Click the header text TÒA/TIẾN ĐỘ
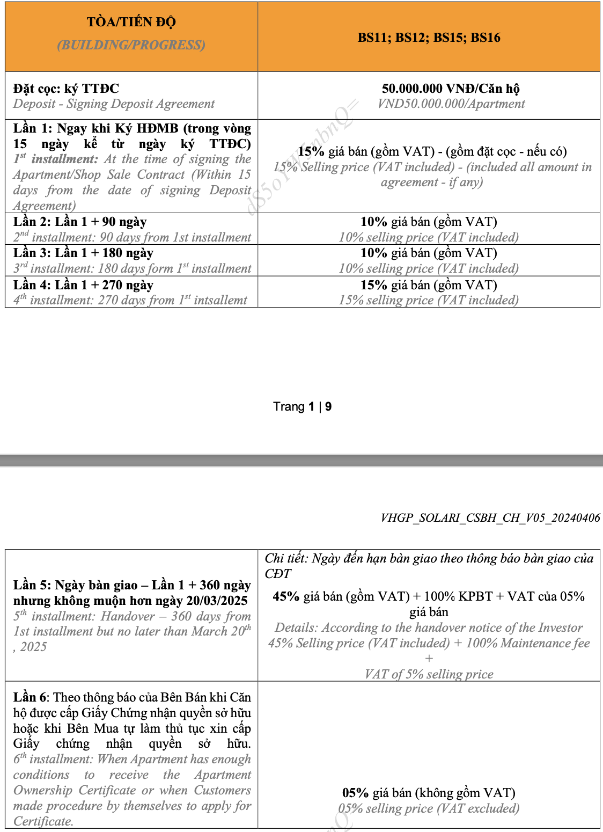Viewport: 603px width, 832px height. (x=131, y=22)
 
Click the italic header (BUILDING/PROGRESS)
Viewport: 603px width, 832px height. (x=131, y=45)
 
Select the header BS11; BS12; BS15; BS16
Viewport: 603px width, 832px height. (x=429, y=38)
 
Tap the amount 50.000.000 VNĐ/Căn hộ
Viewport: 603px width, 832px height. (x=451, y=89)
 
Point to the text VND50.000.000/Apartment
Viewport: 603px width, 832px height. (x=451, y=104)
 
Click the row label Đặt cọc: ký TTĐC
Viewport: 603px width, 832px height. (x=66, y=89)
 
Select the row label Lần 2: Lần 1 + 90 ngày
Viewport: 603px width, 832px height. (x=80, y=222)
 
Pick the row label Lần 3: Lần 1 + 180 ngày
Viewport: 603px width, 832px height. (x=83, y=253)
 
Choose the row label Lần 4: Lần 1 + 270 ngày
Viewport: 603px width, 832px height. (x=83, y=284)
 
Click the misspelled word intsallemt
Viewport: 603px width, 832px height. (x=220, y=300)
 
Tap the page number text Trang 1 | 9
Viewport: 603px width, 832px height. (x=302, y=406)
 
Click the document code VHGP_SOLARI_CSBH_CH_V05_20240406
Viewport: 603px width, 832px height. (x=490, y=518)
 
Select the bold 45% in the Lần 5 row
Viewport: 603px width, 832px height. (x=286, y=596)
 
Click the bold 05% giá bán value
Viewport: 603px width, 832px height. (x=355, y=793)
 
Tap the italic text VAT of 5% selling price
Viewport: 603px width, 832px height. (x=429, y=674)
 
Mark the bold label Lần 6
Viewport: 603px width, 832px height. (x=31, y=697)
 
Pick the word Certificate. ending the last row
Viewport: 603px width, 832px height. (x=43, y=821)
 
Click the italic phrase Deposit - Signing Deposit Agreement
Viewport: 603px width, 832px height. (x=114, y=104)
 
